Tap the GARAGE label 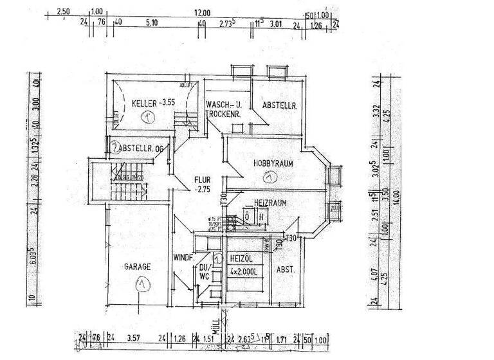[x=138, y=266]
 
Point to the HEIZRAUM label [x=270, y=202]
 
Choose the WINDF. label [x=183, y=258]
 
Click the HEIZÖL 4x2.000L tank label [x=244, y=265]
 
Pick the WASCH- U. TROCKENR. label [x=223, y=109]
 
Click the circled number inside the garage [x=140, y=283]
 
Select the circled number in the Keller [x=149, y=117]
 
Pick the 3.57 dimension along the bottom [x=133, y=339]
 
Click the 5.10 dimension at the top [x=152, y=23]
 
